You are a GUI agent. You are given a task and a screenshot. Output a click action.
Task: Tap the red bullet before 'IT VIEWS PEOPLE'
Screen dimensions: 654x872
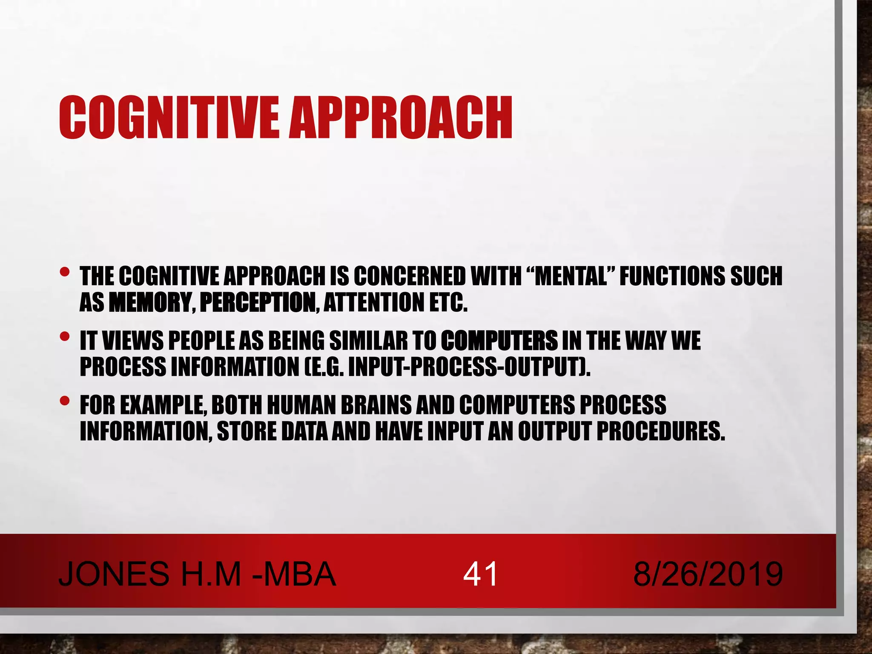tap(64, 337)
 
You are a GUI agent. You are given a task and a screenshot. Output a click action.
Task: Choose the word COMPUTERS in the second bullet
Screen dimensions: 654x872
tap(499, 341)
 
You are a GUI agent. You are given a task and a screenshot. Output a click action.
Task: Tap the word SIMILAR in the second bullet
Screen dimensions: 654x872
tap(368, 341)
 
